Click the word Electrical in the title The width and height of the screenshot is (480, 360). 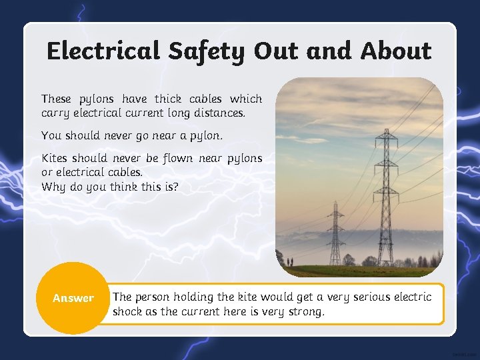click(x=103, y=51)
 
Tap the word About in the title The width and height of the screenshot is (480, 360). click(x=396, y=51)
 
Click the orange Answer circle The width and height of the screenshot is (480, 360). click(x=73, y=298)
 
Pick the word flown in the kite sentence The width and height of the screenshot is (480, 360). click(x=181, y=158)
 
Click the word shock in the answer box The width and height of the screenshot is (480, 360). click(x=127, y=311)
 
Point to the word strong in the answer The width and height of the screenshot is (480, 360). click(x=305, y=311)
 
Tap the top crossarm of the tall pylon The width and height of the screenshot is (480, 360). click(x=385, y=138)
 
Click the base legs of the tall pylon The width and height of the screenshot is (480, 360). click(x=385, y=260)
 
